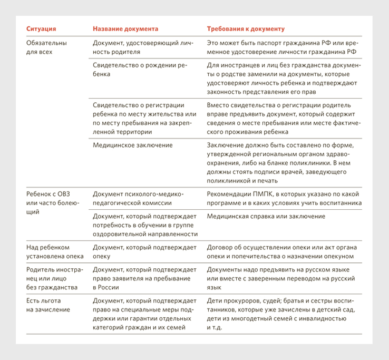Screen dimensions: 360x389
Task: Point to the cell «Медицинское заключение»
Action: click(x=132, y=145)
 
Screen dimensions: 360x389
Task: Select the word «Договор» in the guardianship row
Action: click(x=220, y=247)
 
